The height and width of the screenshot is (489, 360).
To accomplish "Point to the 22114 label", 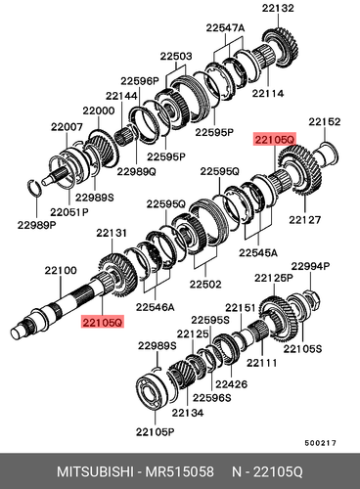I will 267,94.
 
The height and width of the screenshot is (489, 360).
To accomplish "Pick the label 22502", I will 204,283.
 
